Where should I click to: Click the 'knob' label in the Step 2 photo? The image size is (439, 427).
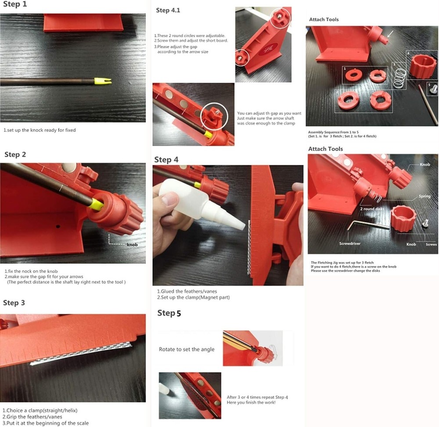[x=132, y=244]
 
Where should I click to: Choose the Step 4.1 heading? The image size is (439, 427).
[x=169, y=11]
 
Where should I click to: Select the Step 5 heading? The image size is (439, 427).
[x=169, y=313]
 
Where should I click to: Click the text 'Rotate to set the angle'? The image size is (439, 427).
[x=187, y=349]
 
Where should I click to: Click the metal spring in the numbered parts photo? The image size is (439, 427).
[x=398, y=76]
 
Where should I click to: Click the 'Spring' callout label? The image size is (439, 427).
[x=425, y=196]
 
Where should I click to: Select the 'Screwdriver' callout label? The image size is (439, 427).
[x=350, y=244]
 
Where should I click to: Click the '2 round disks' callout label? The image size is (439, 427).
[x=372, y=209]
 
